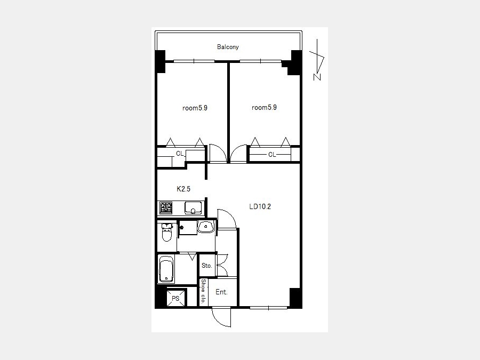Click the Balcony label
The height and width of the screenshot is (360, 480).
point(228,47)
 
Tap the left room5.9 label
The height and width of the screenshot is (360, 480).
point(195,108)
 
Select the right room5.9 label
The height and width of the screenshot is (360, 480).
point(264,107)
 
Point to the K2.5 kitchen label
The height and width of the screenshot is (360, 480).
point(183,189)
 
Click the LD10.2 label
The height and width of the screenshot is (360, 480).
point(260,206)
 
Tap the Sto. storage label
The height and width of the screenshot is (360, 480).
point(206,266)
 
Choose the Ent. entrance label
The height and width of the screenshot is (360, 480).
point(221,292)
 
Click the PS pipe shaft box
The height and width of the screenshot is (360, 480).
point(175,298)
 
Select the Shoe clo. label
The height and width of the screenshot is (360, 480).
point(203,291)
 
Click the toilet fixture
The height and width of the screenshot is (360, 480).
point(167,233)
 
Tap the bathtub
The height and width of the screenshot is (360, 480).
point(166,270)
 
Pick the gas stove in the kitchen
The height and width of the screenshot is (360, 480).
point(166,208)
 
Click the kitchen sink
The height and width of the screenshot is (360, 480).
point(193,208)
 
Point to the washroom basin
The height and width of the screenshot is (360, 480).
point(206,227)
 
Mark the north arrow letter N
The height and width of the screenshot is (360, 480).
point(317,77)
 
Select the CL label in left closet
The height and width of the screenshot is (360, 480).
point(180,154)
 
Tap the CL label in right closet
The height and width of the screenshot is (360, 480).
point(272,155)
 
